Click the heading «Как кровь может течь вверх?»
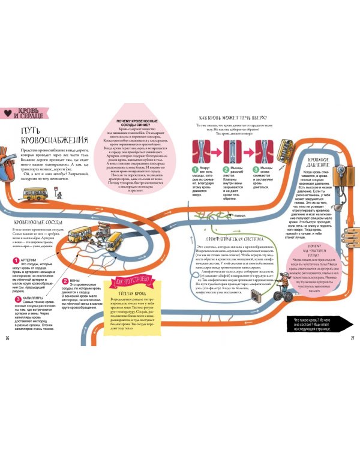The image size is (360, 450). coord(232,118)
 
